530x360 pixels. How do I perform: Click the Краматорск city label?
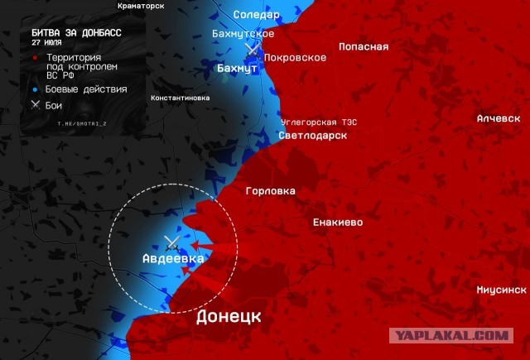141,6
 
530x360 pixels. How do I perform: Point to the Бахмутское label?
243,33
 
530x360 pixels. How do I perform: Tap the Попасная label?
364,46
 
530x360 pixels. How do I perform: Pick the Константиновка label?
181,98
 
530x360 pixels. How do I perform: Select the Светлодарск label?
312,135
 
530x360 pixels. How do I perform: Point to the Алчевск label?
499,118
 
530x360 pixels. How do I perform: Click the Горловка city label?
270,191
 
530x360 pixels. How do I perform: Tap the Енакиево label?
337,223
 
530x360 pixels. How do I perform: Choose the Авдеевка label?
173,259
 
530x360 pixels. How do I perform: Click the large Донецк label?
229,316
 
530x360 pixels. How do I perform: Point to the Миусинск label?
501,290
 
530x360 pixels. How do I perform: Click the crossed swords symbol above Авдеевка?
172,242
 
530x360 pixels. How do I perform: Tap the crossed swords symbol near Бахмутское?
253,50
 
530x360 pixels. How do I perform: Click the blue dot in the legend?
36,89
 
